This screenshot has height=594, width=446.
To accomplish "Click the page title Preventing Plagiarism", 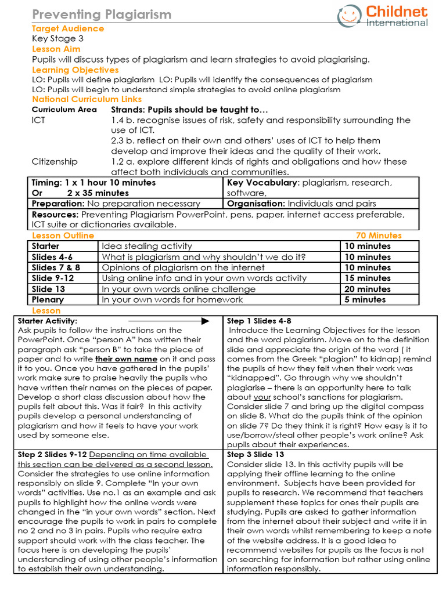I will (x=101, y=15).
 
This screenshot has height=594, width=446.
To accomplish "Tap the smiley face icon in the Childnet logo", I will (x=349, y=16).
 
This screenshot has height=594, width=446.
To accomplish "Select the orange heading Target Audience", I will (x=68, y=28).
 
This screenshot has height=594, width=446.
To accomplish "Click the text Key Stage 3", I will (x=58, y=39).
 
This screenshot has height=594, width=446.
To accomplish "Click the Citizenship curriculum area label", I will (x=55, y=161).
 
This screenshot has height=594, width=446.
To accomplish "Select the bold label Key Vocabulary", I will (x=263, y=183).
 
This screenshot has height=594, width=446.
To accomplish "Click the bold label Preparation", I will (x=57, y=204).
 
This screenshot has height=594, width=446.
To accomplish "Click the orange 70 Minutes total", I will (x=378, y=236).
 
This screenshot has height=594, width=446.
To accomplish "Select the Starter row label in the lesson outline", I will (x=46, y=246).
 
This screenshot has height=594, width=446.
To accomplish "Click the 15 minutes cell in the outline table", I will (x=368, y=278).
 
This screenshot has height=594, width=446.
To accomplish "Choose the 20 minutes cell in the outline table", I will (x=368, y=289).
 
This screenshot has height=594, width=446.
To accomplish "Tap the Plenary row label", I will (x=48, y=300).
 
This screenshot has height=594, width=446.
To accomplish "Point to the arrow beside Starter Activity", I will (x=168, y=321).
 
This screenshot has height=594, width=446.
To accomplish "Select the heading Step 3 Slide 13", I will (x=256, y=455).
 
